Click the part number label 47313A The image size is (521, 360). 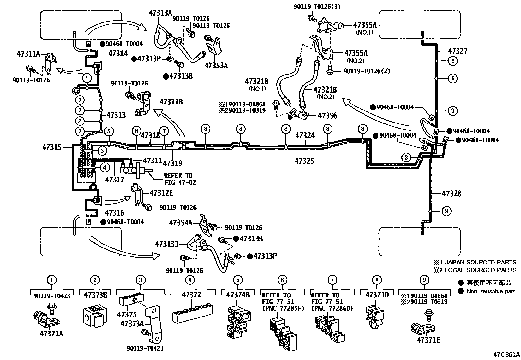[x=161, y=13]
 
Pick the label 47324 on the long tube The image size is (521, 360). [x=305, y=135]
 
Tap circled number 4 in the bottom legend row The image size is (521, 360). [x=189, y=280]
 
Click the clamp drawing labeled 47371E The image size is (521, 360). [x=424, y=328]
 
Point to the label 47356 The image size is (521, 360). [x=327, y=116]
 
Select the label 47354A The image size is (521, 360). [x=181, y=223]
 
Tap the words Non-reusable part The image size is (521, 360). [x=491, y=291]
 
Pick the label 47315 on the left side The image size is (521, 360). [x=52, y=147]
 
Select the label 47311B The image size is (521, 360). [x=171, y=102]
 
